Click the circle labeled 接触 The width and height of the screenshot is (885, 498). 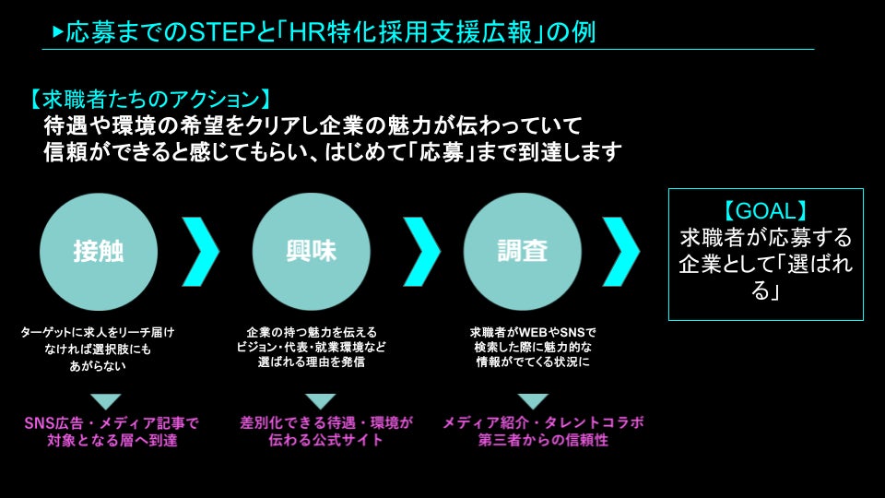(99, 250)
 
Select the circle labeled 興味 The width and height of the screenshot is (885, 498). (311, 250)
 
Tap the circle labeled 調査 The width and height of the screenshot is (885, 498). (523, 250)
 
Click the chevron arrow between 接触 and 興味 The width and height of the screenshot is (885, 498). (200, 250)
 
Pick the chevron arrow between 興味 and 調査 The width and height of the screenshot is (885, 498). (422, 250)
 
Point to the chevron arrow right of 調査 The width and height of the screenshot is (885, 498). (621, 250)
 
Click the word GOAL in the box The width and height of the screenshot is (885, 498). (765, 209)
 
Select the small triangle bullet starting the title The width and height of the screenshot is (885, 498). (58, 32)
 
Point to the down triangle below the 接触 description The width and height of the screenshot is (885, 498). (106, 400)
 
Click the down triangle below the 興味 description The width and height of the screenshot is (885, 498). (320, 400)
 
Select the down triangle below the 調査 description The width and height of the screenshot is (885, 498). (532, 400)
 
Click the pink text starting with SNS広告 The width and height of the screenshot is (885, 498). (112, 422)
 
